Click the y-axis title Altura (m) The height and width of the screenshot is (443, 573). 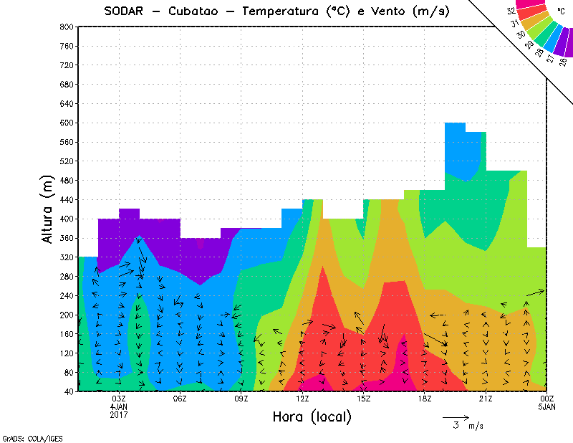click(x=49, y=209)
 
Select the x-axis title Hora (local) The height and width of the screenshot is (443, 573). click(x=311, y=416)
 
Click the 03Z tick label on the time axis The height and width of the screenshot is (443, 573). click(x=119, y=399)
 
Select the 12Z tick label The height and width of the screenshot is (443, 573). click(x=302, y=399)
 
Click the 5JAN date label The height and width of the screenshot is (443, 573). click(x=546, y=406)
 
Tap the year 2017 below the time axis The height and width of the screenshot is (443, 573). click(x=119, y=414)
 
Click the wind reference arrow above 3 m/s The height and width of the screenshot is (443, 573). click(x=456, y=416)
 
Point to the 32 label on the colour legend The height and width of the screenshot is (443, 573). click(x=511, y=11)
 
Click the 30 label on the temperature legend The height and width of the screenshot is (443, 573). click(x=521, y=34)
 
